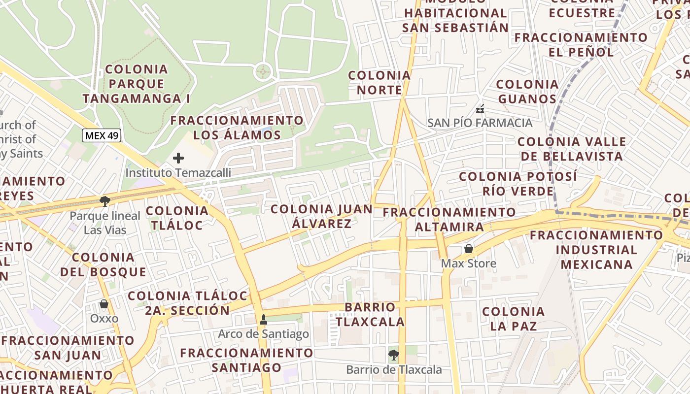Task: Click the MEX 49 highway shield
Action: click(x=102, y=135)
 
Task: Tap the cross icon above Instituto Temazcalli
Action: click(x=178, y=158)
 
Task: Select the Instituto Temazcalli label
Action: click(x=178, y=173)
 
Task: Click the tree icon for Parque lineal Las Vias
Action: click(x=104, y=200)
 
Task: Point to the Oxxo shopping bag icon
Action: click(x=104, y=304)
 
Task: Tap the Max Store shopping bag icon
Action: click(x=468, y=249)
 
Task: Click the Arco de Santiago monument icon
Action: click(x=263, y=319)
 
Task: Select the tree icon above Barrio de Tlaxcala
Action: click(x=393, y=354)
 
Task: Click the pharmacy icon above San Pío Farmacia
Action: click(x=480, y=108)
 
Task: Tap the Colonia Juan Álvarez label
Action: click(x=321, y=216)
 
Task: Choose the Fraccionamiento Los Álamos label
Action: click(x=237, y=128)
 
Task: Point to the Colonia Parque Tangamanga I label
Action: click(x=137, y=84)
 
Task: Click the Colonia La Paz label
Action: click(x=513, y=319)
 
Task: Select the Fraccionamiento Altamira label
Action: click(x=449, y=220)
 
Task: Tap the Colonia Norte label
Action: click(x=379, y=83)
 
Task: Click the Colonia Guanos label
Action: click(x=527, y=92)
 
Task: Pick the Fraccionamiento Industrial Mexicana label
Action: click(x=596, y=250)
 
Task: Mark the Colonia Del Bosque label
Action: click(x=103, y=264)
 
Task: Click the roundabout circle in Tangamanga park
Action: click(x=263, y=72)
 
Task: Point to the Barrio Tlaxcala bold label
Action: click(x=370, y=314)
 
